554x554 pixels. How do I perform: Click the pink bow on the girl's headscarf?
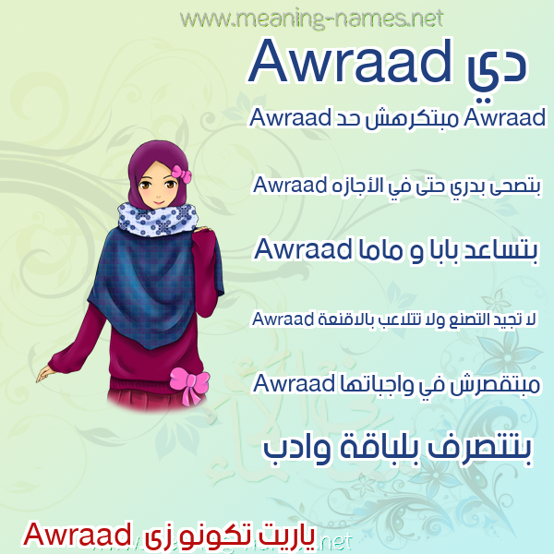182,174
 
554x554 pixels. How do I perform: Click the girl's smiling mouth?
158,203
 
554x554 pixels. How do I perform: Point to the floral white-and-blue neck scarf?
158,219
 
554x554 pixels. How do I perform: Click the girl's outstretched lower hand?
45,373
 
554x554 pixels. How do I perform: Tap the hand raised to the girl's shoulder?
203,230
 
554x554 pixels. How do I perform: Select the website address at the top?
311,18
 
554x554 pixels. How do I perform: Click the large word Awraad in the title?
350,61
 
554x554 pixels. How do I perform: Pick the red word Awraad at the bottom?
77,535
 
